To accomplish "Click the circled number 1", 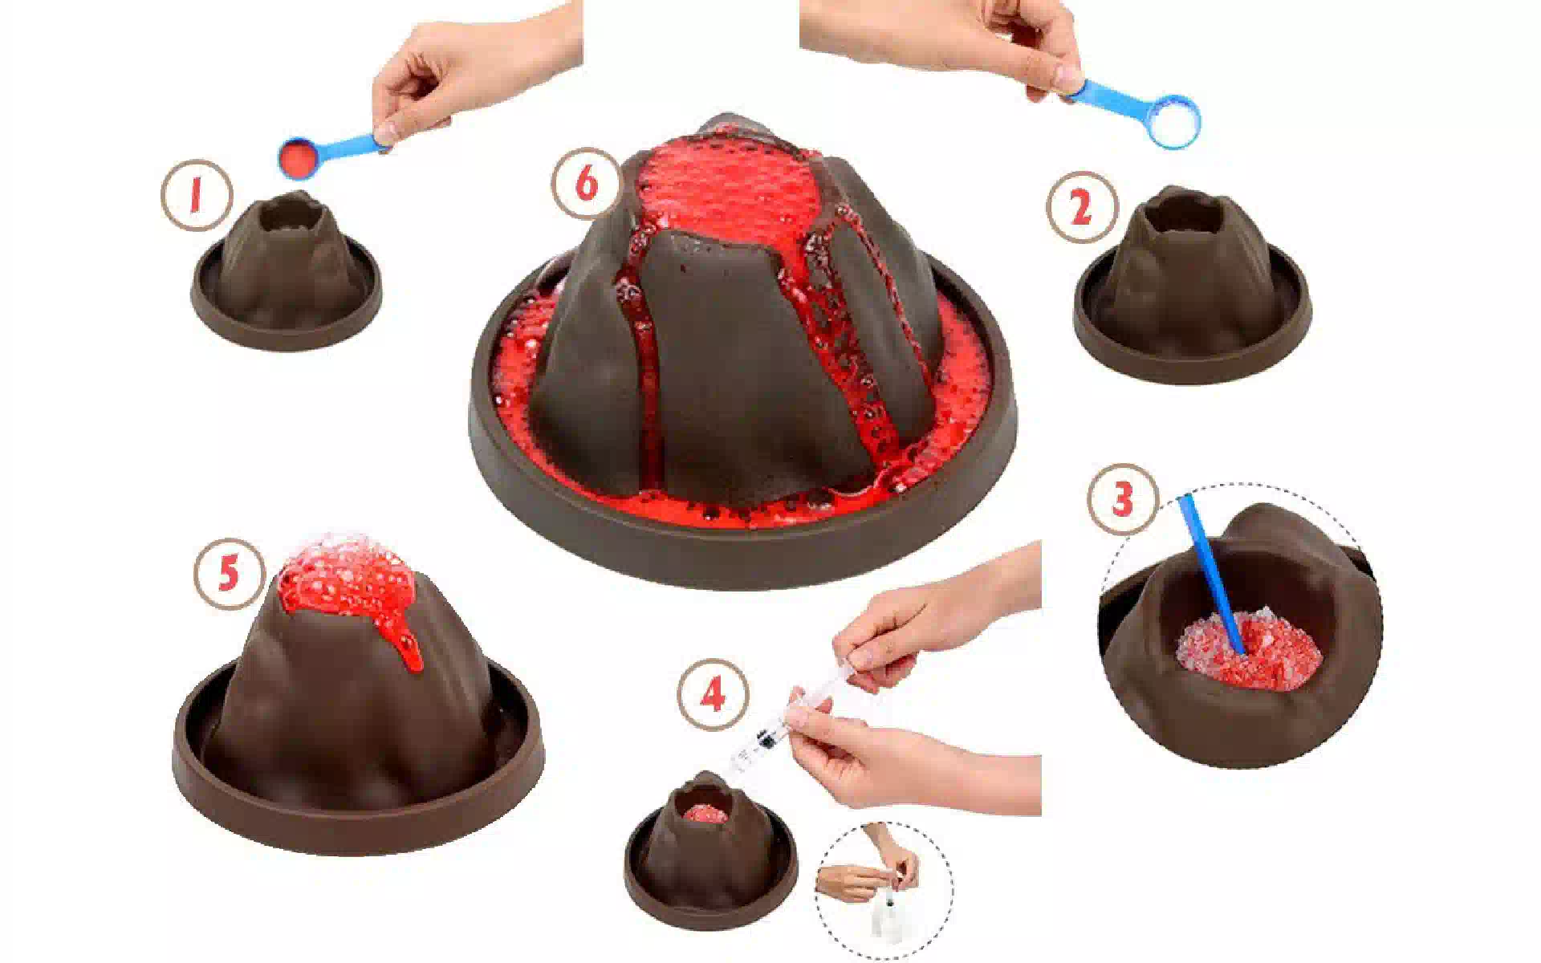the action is [196, 197].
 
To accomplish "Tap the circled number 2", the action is [1081, 208].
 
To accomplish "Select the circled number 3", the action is [1122, 499].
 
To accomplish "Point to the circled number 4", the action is [713, 696].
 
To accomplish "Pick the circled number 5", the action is [229, 574].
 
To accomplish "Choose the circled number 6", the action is [587, 183].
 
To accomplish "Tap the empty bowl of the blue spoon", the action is [1173, 121].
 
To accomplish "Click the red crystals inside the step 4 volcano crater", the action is [705, 812].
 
